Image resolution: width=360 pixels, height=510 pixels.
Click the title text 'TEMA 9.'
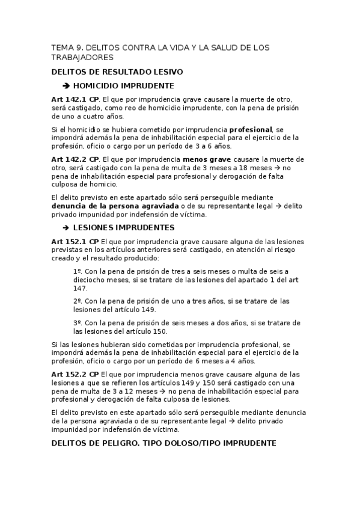pyautogui.click(x=66, y=48)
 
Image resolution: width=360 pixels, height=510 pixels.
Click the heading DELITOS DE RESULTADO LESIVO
pyautogui.click(x=117, y=72)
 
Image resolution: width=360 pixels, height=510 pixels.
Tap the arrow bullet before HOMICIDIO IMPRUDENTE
pyautogui.click(x=66, y=85)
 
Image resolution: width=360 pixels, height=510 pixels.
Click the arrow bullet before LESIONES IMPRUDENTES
pyautogui.click(x=66, y=227)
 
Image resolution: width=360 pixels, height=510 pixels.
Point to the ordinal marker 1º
pyautogui.click(x=78, y=272)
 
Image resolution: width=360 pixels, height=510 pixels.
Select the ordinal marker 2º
pyautogui.click(x=78, y=301)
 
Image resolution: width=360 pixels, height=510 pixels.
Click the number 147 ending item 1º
pyautogui.click(x=80, y=289)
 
